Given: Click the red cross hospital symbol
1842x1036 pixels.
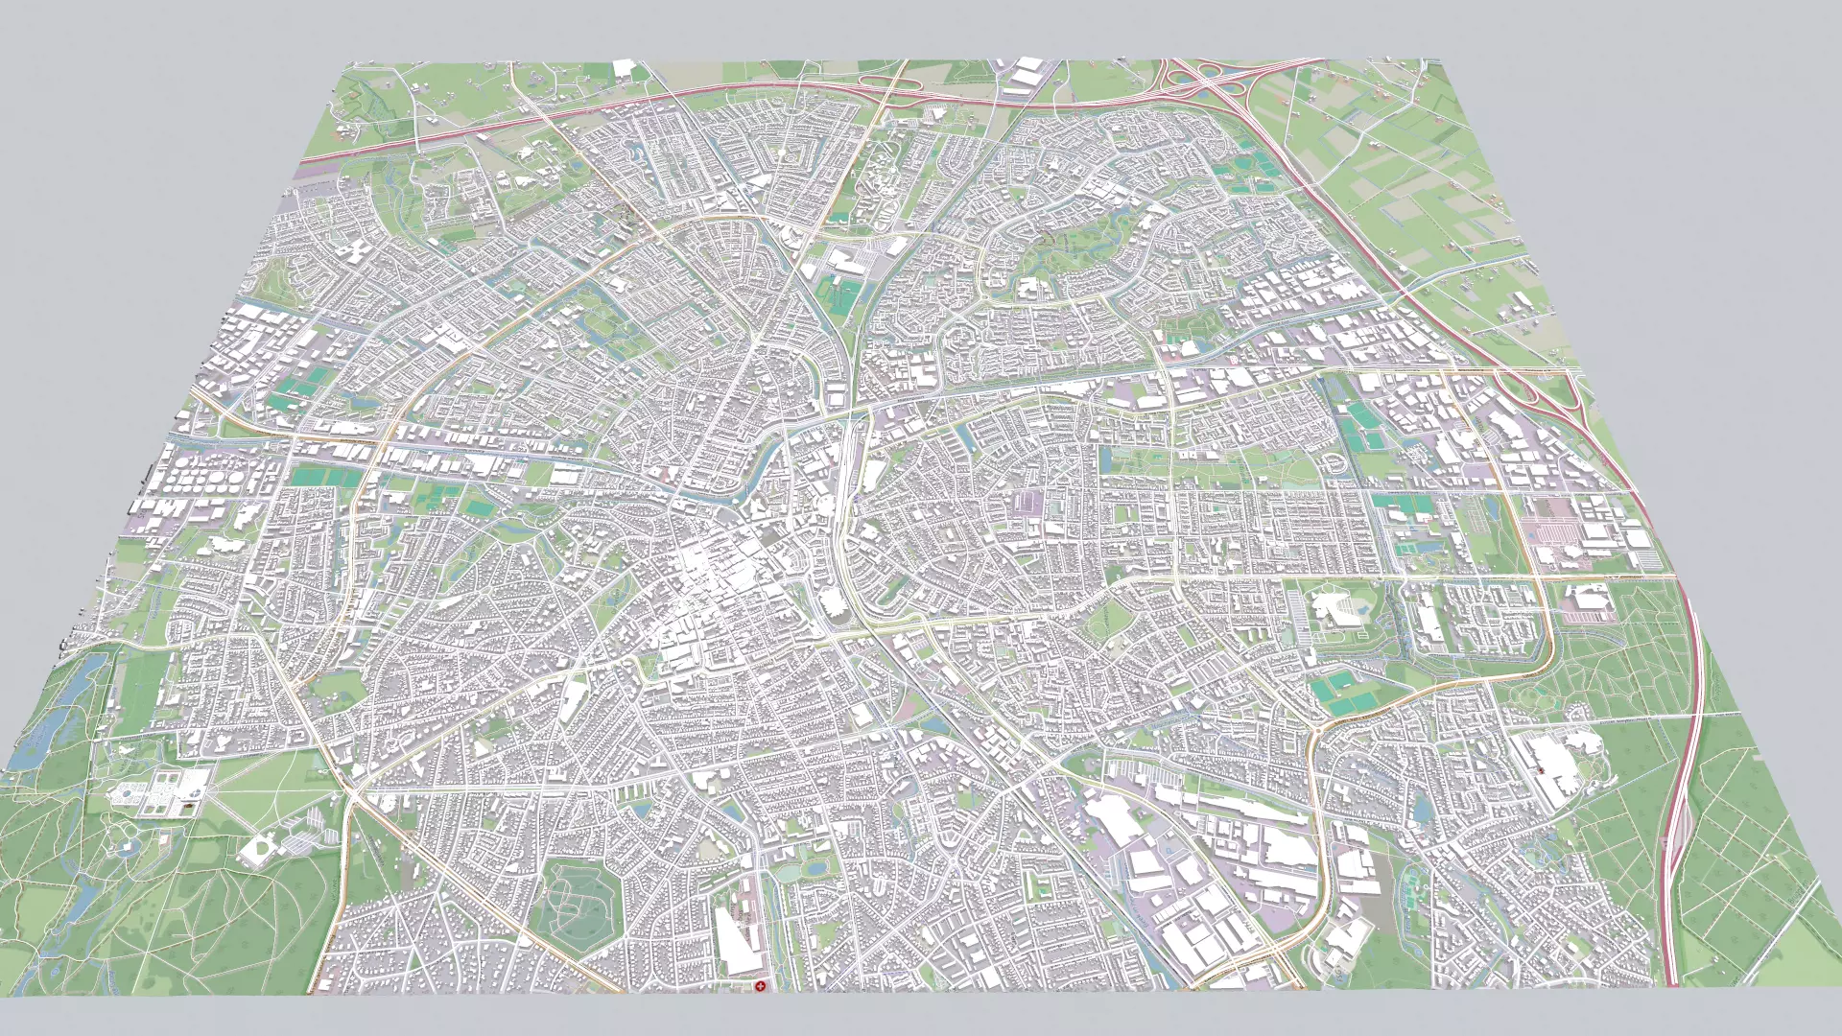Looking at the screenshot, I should point(760,986).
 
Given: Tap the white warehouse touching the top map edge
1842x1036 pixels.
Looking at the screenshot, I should point(625,69).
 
